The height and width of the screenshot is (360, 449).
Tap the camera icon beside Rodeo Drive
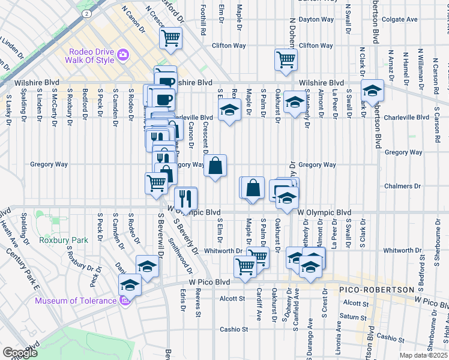pos(124,55)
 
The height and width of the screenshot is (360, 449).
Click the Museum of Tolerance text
pos(75,301)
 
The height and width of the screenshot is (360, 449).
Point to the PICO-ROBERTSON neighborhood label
pos(376,290)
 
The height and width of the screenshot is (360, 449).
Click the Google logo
pos(20,353)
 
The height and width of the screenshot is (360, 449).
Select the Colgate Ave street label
pos(399,19)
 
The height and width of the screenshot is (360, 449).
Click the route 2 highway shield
pos(88,12)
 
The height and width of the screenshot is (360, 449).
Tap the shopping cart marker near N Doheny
pos(285,59)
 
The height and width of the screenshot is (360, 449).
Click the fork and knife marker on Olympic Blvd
pos(185,197)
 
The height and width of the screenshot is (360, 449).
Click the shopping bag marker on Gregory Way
pos(215,165)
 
